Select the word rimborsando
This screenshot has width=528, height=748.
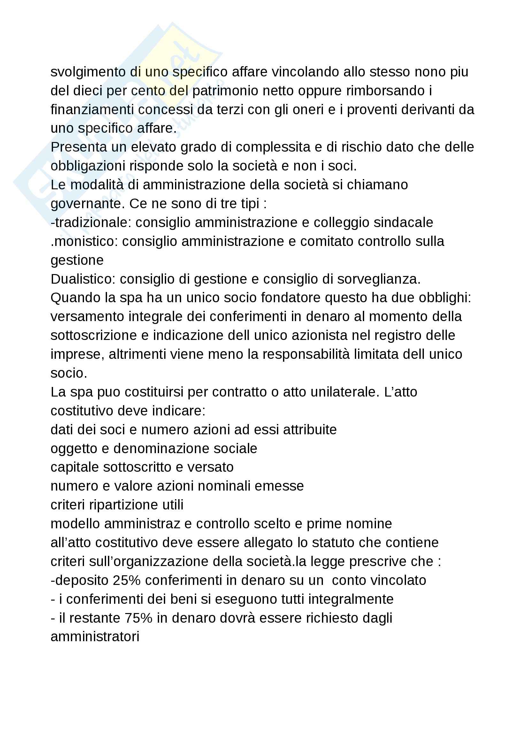386,91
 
